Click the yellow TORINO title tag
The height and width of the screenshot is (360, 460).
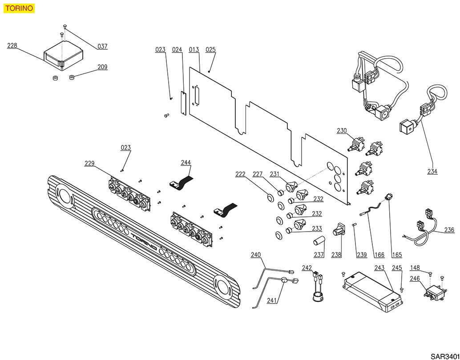(18, 8)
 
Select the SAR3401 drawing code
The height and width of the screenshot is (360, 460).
(444, 356)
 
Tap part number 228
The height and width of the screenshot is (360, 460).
(12, 45)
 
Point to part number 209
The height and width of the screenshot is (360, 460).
(102, 67)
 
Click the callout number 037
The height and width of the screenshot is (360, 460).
(102, 46)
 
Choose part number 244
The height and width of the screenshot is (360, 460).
(186, 162)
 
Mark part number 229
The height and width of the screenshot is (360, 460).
(89, 164)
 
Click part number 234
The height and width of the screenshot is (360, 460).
(432, 171)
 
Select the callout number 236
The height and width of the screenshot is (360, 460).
(449, 230)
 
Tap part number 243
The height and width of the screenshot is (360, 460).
(379, 268)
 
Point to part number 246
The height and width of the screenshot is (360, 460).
(415, 279)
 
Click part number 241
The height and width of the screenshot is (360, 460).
(272, 301)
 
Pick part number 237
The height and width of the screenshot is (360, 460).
(319, 255)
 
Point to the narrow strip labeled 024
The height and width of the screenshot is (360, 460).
(183, 103)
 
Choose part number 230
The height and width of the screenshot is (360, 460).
(342, 131)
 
